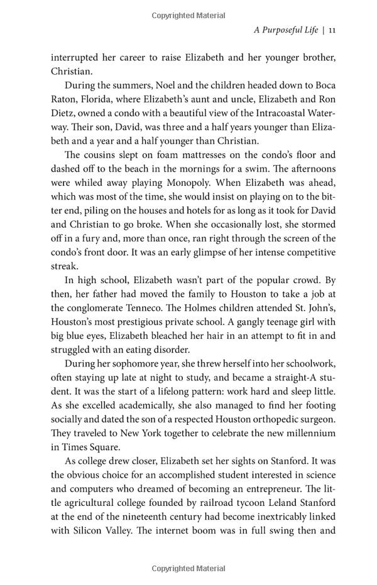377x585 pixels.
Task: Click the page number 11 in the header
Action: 332,30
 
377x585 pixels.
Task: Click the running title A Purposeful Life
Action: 285,30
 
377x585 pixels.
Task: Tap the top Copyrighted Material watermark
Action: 188,15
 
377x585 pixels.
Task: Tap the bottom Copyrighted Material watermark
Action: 188,569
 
